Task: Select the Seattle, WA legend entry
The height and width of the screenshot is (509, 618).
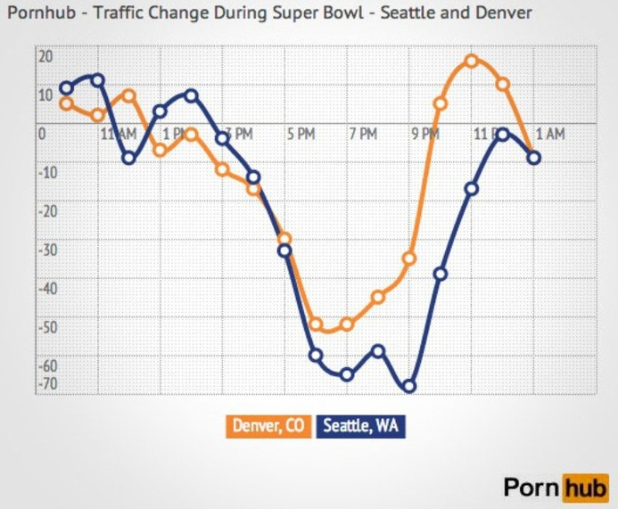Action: click(x=360, y=426)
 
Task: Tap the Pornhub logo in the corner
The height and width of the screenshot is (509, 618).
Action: click(x=555, y=488)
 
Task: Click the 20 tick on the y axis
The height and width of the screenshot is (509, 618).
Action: click(x=45, y=56)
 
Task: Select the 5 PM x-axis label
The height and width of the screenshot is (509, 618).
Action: click(x=301, y=135)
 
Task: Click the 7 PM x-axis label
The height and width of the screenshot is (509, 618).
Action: click(x=363, y=135)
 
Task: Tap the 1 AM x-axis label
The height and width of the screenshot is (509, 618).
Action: click(x=550, y=135)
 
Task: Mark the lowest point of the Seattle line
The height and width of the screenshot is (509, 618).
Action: click(x=409, y=387)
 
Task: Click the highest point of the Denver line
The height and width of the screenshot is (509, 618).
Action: click(x=471, y=62)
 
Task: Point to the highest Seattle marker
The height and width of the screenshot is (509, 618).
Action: click(x=97, y=80)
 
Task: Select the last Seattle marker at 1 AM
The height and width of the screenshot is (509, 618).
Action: click(x=533, y=158)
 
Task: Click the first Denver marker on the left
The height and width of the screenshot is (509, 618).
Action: click(x=66, y=103)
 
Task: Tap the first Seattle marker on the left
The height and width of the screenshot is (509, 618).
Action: click(x=66, y=88)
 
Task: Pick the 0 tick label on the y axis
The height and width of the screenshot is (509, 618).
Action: click(x=41, y=135)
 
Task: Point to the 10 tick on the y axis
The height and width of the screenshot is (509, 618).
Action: click(x=45, y=94)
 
